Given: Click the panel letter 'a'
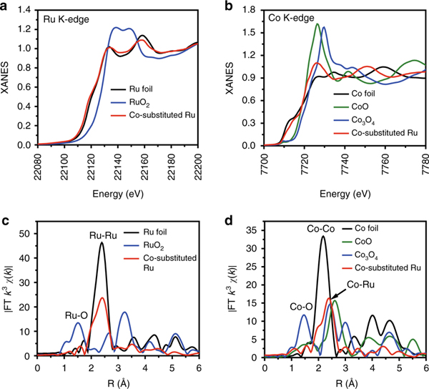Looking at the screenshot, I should point(7,6).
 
